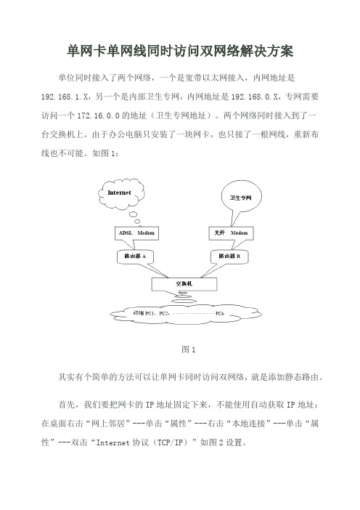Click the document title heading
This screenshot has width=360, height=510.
pyautogui.click(x=180, y=52)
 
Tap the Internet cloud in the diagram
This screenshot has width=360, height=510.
pyautogui.click(x=121, y=193)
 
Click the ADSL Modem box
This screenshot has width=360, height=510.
pyautogui.click(x=136, y=233)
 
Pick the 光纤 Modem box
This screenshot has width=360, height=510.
pyautogui.click(x=231, y=233)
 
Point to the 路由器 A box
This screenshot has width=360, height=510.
pyautogui.click(x=135, y=256)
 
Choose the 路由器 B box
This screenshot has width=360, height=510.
pyautogui.click(x=229, y=256)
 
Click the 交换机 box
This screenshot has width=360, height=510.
pyautogui.click(x=184, y=284)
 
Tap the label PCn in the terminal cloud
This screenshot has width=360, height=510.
pyautogui.click(x=220, y=314)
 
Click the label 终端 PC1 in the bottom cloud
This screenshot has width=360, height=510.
pyautogui.click(x=143, y=313)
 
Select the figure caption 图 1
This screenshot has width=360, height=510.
pyautogui.click(x=188, y=349)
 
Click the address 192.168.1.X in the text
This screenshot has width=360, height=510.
pyautogui.click(x=65, y=97)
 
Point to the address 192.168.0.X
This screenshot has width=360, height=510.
pyautogui.click(x=255, y=97)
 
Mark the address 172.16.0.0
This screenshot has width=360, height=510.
pyautogui.click(x=99, y=116)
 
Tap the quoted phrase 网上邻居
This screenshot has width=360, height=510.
pyautogui.click(x=107, y=424)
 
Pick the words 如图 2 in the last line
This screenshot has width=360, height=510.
pyautogui.click(x=211, y=442)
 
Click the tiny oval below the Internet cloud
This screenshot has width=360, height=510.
pyautogui.click(x=137, y=222)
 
